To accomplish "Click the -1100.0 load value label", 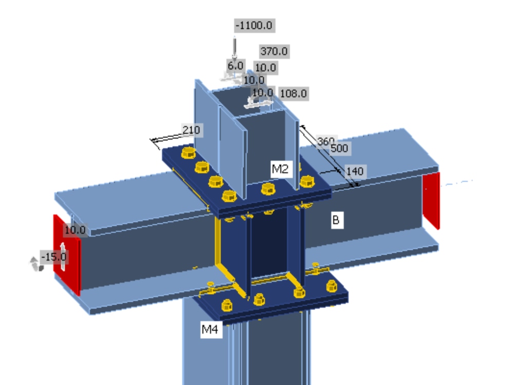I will pyautogui.click(x=254, y=25).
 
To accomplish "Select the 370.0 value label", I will pyautogui.click(x=273, y=51).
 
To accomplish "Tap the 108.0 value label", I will pyautogui.click(x=293, y=93).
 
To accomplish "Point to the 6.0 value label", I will pyautogui.click(x=235, y=66).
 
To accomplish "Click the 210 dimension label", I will pyautogui.click(x=191, y=130).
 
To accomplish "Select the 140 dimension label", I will pyautogui.click(x=354, y=171).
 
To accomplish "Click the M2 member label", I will pyautogui.click(x=280, y=169).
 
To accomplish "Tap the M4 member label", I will pyautogui.click(x=210, y=330).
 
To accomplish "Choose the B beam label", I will pyautogui.click(x=336, y=220).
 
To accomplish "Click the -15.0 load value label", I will pyautogui.click(x=53, y=257).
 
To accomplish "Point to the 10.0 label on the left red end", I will pyautogui.click(x=75, y=230).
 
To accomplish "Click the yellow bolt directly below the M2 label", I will pyautogui.click(x=268, y=189).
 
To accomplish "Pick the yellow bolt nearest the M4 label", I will pyautogui.click(x=226, y=306).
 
